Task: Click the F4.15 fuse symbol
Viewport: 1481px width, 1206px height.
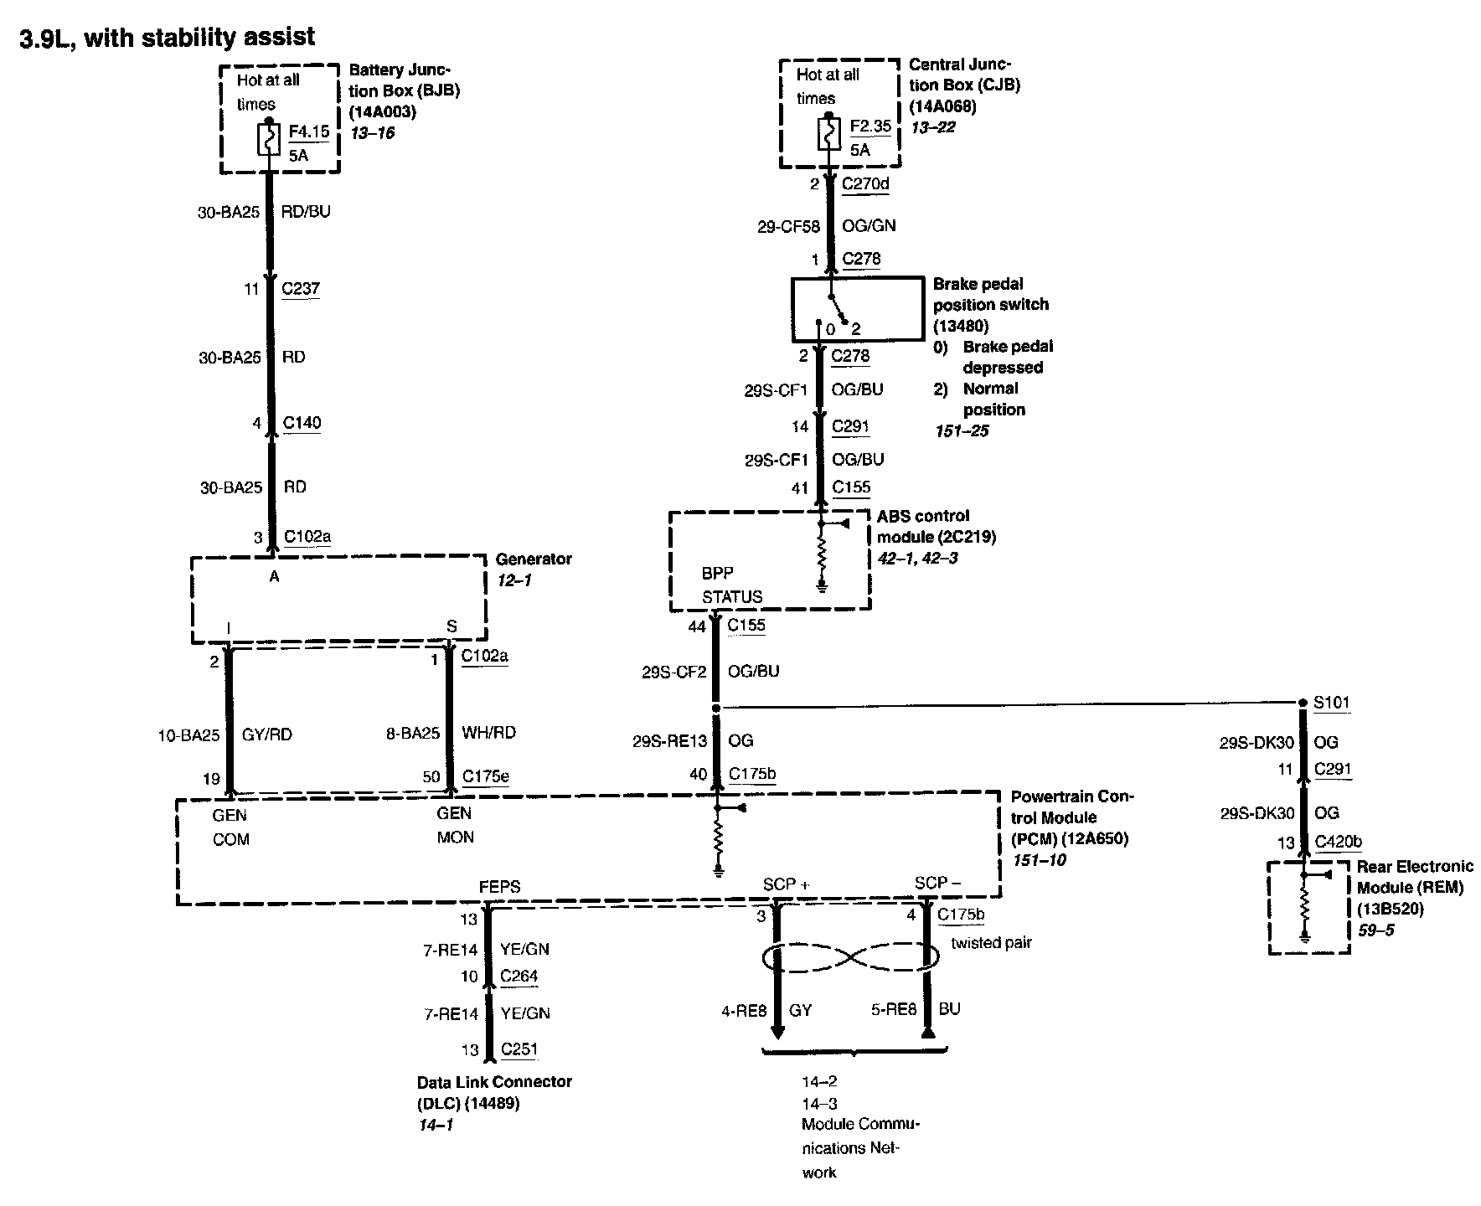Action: (269, 140)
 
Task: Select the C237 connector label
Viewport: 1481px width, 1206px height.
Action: (301, 289)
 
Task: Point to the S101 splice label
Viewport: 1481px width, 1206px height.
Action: (1332, 702)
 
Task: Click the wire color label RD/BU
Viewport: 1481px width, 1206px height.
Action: (307, 212)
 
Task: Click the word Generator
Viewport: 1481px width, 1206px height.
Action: (534, 559)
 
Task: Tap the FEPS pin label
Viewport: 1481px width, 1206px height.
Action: (499, 886)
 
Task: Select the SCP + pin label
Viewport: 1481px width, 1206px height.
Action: (786, 884)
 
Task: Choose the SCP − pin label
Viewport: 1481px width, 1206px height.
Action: (937, 883)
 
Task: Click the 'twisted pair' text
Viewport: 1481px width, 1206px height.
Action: (991, 943)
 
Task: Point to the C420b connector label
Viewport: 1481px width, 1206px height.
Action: (1338, 843)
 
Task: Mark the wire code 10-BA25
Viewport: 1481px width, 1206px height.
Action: (188, 735)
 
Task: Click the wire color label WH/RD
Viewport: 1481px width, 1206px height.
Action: (489, 733)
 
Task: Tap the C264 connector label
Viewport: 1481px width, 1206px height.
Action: (519, 976)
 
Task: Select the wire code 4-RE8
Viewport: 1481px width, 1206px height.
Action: (744, 1011)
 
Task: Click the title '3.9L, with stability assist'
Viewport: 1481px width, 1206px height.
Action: (168, 38)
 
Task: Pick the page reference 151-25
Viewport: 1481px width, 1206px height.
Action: (962, 430)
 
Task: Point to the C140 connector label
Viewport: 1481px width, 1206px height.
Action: (302, 423)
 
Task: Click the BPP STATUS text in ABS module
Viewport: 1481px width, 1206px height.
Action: (731, 585)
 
